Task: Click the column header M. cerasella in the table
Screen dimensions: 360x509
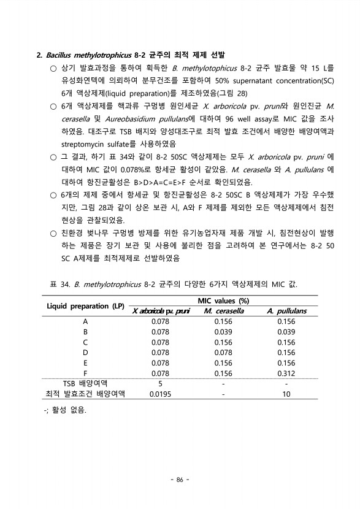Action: tap(223, 311)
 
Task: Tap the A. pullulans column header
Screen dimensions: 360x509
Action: tap(286, 311)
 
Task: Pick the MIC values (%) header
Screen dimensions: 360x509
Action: tap(223, 300)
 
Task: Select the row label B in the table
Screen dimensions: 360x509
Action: tap(85, 332)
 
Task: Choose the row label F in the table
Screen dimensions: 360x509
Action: tap(85, 372)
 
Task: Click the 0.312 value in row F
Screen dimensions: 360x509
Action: tap(286, 372)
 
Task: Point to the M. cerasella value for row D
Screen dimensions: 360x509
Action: tap(223, 352)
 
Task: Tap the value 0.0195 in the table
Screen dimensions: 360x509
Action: tap(160, 394)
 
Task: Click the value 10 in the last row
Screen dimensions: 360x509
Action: tap(286, 394)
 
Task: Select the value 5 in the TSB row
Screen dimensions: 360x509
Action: tap(160, 383)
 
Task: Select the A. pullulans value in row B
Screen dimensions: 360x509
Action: tap(286, 332)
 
